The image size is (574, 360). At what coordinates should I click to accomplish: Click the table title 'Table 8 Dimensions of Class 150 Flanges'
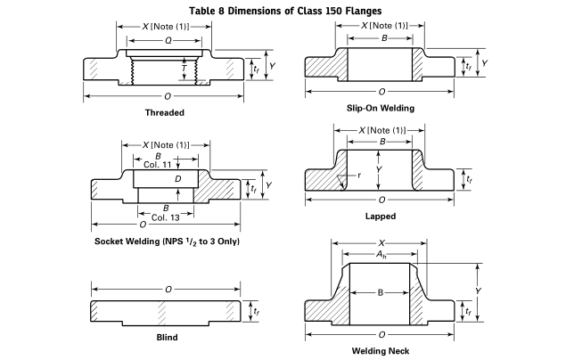(286, 10)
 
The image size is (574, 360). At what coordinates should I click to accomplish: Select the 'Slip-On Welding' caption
(381, 108)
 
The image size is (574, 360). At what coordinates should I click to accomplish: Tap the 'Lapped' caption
(381, 216)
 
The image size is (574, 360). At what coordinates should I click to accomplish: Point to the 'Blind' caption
(167, 337)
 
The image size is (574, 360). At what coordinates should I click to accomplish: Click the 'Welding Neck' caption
(381, 350)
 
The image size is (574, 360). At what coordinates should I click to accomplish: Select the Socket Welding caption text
(168, 241)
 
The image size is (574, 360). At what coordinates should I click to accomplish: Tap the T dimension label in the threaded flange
(184, 67)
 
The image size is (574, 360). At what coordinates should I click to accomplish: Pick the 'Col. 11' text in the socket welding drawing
(157, 164)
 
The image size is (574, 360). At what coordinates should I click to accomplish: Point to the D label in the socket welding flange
(178, 179)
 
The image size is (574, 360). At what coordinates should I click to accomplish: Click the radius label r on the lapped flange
(357, 176)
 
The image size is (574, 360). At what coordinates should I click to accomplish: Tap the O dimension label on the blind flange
(167, 290)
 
